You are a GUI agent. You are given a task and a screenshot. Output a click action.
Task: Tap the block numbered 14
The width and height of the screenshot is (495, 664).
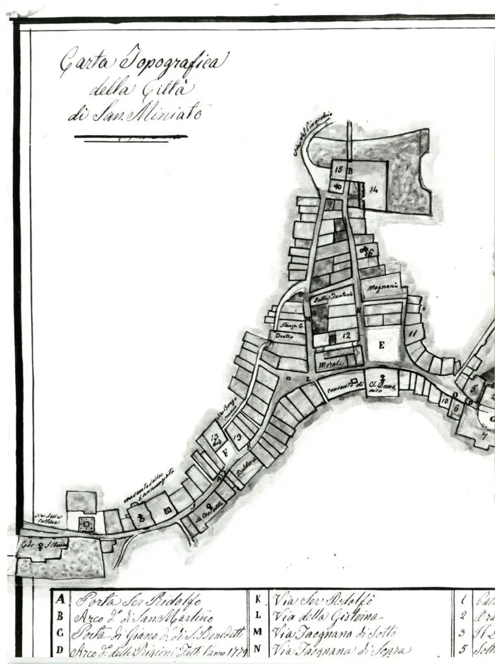374,189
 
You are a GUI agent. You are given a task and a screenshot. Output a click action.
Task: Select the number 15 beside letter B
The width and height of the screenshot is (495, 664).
338,170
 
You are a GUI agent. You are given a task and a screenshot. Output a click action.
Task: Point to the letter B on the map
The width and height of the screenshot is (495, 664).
349,171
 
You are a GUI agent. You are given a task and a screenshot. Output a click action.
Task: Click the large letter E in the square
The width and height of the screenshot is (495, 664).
381,346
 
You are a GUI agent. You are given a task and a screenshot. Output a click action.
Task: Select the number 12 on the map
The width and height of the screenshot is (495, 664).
346,336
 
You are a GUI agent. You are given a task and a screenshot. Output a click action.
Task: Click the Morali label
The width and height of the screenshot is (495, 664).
332,365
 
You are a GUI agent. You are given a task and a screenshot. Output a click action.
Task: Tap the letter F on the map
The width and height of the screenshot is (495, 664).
225,453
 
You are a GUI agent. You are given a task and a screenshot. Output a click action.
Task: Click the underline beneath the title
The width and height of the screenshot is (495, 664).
130,137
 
